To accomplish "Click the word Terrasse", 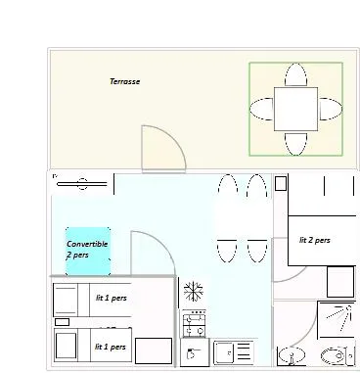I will click(124, 82).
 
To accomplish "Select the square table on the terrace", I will click(295, 109).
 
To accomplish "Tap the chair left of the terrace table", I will click(261, 109).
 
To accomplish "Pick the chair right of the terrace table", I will click(331, 109).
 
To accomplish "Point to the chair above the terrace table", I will click(295, 74).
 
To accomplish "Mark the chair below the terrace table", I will click(295, 144).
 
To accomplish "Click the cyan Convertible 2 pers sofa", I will click(87, 248).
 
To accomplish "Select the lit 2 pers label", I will click(314, 240).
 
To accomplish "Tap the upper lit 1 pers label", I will click(110, 297).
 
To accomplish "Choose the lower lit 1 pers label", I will click(110, 347).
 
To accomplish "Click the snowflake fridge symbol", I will click(193, 292).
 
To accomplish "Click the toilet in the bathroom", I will click(334, 355).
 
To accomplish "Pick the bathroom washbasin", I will click(291, 355).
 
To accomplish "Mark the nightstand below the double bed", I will click(339, 282).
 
